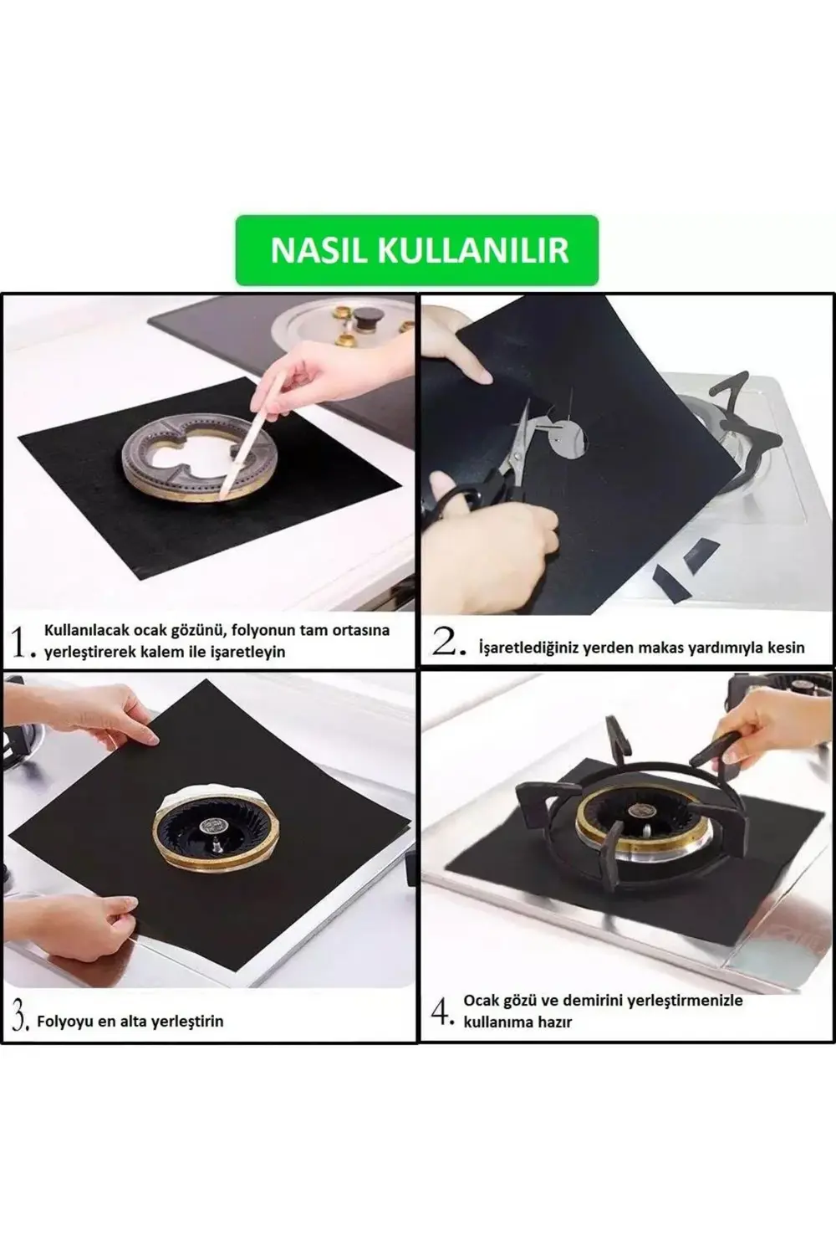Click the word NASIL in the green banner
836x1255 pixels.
(318, 250)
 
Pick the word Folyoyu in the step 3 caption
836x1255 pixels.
(65, 1022)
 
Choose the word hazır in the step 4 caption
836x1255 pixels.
(551, 1022)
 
